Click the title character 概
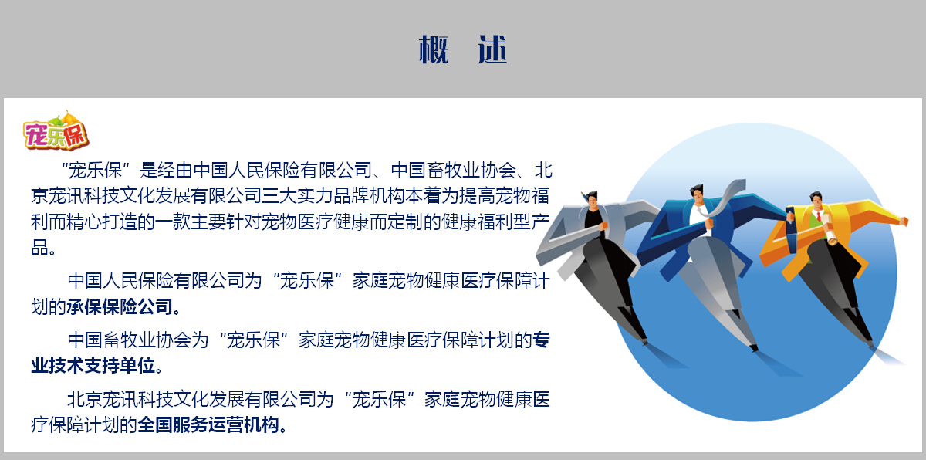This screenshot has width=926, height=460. [x=434, y=49]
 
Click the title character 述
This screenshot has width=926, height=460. [x=492, y=49]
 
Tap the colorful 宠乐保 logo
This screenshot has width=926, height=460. [x=56, y=130]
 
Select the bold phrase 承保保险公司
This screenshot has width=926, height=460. [x=120, y=306]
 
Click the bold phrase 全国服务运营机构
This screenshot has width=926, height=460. [x=208, y=424]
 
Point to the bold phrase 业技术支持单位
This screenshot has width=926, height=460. [x=93, y=365]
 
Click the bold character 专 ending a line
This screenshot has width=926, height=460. [x=541, y=340]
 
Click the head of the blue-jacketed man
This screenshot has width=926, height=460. [x=698, y=194]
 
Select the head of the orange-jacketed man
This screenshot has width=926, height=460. [x=817, y=201]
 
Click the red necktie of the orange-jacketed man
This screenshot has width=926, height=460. [x=819, y=216]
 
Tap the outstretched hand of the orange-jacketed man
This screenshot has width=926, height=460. [x=904, y=222]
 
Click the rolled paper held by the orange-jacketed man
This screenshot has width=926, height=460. [x=830, y=236]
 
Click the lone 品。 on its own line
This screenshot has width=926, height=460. [x=43, y=248]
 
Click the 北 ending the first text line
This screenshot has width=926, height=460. [x=543, y=171]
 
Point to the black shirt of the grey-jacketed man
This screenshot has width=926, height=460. [x=594, y=223]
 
